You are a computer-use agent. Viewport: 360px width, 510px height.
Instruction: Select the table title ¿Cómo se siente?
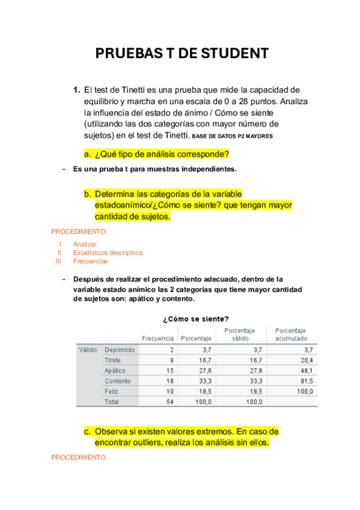pyautogui.click(x=195, y=318)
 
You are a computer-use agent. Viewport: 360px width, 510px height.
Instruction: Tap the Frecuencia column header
pyautogui.click(x=157, y=339)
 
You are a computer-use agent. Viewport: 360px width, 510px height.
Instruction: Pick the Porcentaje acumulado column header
pyautogui.click(x=291, y=334)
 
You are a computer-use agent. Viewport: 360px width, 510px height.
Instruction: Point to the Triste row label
pyautogui.click(x=112, y=360)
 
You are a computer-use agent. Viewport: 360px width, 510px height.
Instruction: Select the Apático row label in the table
pyautogui.click(x=115, y=370)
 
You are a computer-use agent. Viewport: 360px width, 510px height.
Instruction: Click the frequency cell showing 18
pyautogui.click(x=170, y=381)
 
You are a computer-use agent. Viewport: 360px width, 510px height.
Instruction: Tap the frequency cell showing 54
pyautogui.click(x=170, y=402)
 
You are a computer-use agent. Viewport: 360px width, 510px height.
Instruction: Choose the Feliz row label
pyautogui.click(x=112, y=392)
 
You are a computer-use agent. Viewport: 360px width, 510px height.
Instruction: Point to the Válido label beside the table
pyautogui.click(x=88, y=349)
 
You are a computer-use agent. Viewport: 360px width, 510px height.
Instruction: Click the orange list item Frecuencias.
pyautogui.click(x=91, y=262)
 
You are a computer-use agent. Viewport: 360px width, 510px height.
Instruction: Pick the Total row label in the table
pyautogui.click(x=112, y=402)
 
